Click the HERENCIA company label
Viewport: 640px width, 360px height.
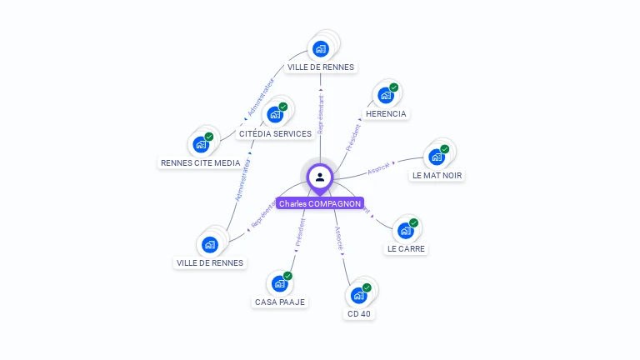[x=386, y=113]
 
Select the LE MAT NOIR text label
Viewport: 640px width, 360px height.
[x=437, y=175]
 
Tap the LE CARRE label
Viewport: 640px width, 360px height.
[x=407, y=248]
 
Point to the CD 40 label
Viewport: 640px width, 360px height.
[x=359, y=314]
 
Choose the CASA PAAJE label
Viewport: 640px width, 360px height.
[x=280, y=302]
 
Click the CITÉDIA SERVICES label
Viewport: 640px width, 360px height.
[x=275, y=133]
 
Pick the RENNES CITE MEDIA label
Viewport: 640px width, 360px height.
[x=200, y=162]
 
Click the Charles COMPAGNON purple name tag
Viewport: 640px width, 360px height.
[x=320, y=203]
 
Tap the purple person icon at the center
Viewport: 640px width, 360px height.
[x=320, y=177]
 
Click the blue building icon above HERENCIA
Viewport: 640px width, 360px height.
[x=385, y=95]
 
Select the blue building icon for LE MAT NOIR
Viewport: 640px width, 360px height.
[x=436, y=157]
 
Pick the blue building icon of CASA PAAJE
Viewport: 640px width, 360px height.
[x=279, y=283]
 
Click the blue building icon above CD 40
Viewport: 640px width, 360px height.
[x=358, y=295]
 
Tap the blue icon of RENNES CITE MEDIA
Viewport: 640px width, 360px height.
[x=200, y=144]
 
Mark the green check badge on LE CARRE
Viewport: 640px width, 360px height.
[x=414, y=222]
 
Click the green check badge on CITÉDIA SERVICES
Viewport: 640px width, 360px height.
[x=283, y=107]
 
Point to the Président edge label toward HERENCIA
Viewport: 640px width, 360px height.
[x=354, y=136]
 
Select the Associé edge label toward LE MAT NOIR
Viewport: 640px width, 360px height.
[x=378, y=167]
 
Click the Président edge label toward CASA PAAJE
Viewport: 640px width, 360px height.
[x=300, y=232]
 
